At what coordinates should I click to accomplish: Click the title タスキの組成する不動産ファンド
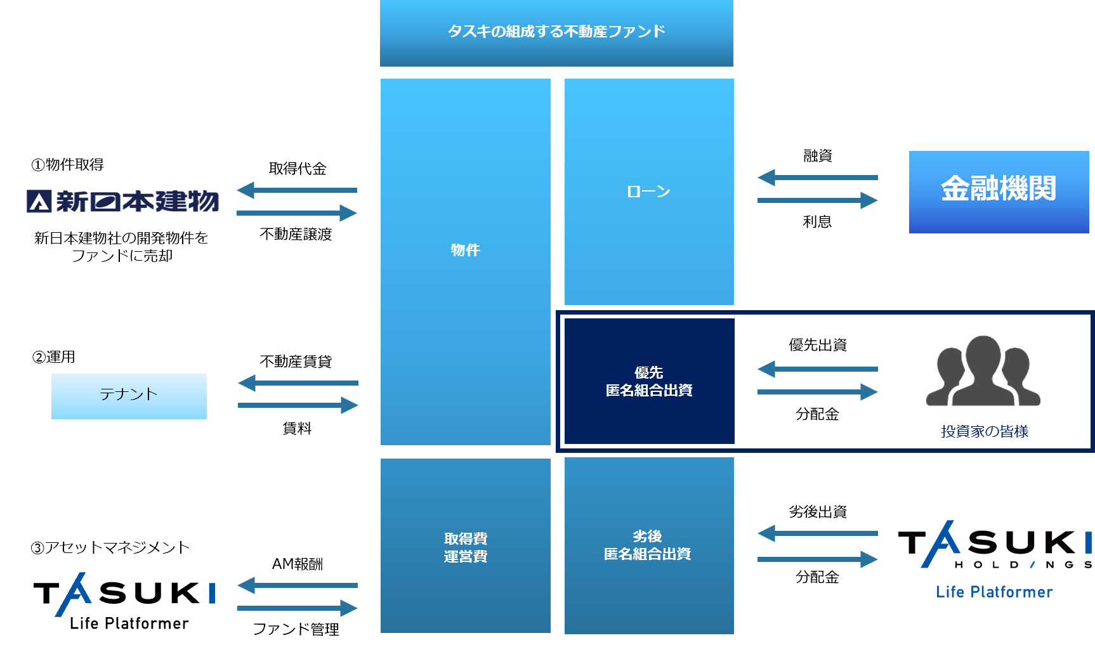[x=556, y=31]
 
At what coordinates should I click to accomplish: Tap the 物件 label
[x=465, y=250]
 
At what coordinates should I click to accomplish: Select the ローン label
[x=648, y=192]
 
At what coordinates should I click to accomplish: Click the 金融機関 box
[x=999, y=192]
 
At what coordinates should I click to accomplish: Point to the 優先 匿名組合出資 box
[x=648, y=381]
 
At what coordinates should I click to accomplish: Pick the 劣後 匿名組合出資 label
[x=648, y=545]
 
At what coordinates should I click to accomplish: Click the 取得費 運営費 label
[x=466, y=547]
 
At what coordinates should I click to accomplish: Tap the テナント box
[x=129, y=396]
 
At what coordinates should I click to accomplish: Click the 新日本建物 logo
[x=122, y=202]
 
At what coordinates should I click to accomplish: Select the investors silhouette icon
[x=983, y=372]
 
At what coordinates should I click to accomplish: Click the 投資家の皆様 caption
[x=985, y=432]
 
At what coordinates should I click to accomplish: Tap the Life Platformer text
[x=994, y=592]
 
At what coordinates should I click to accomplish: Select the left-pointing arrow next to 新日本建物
[x=297, y=190]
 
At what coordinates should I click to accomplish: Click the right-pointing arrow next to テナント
[x=298, y=405]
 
